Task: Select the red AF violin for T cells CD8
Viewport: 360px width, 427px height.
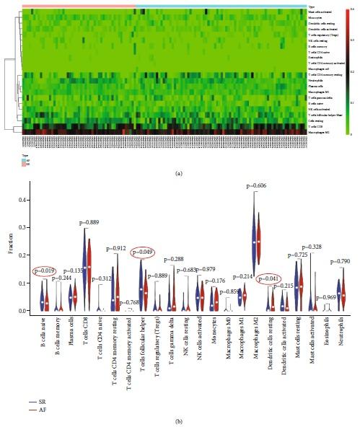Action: [x=89, y=270]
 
